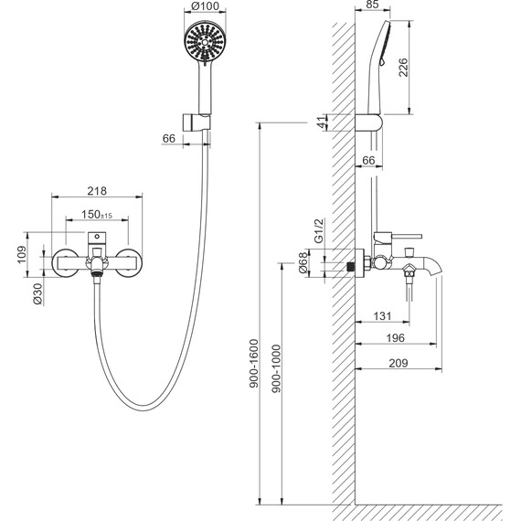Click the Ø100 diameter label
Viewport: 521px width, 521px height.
point(206,6)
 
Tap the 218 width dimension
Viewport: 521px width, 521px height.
point(97,191)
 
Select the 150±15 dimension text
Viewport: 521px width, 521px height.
point(97,215)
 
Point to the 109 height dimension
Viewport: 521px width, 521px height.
point(21,254)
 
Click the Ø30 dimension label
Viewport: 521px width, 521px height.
point(37,294)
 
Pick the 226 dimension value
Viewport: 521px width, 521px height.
point(403,68)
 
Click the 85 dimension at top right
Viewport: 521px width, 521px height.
point(371,5)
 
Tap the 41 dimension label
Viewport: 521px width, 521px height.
point(322,122)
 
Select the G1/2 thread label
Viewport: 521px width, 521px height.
point(319,231)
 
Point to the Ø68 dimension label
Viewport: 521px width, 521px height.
point(303,262)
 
